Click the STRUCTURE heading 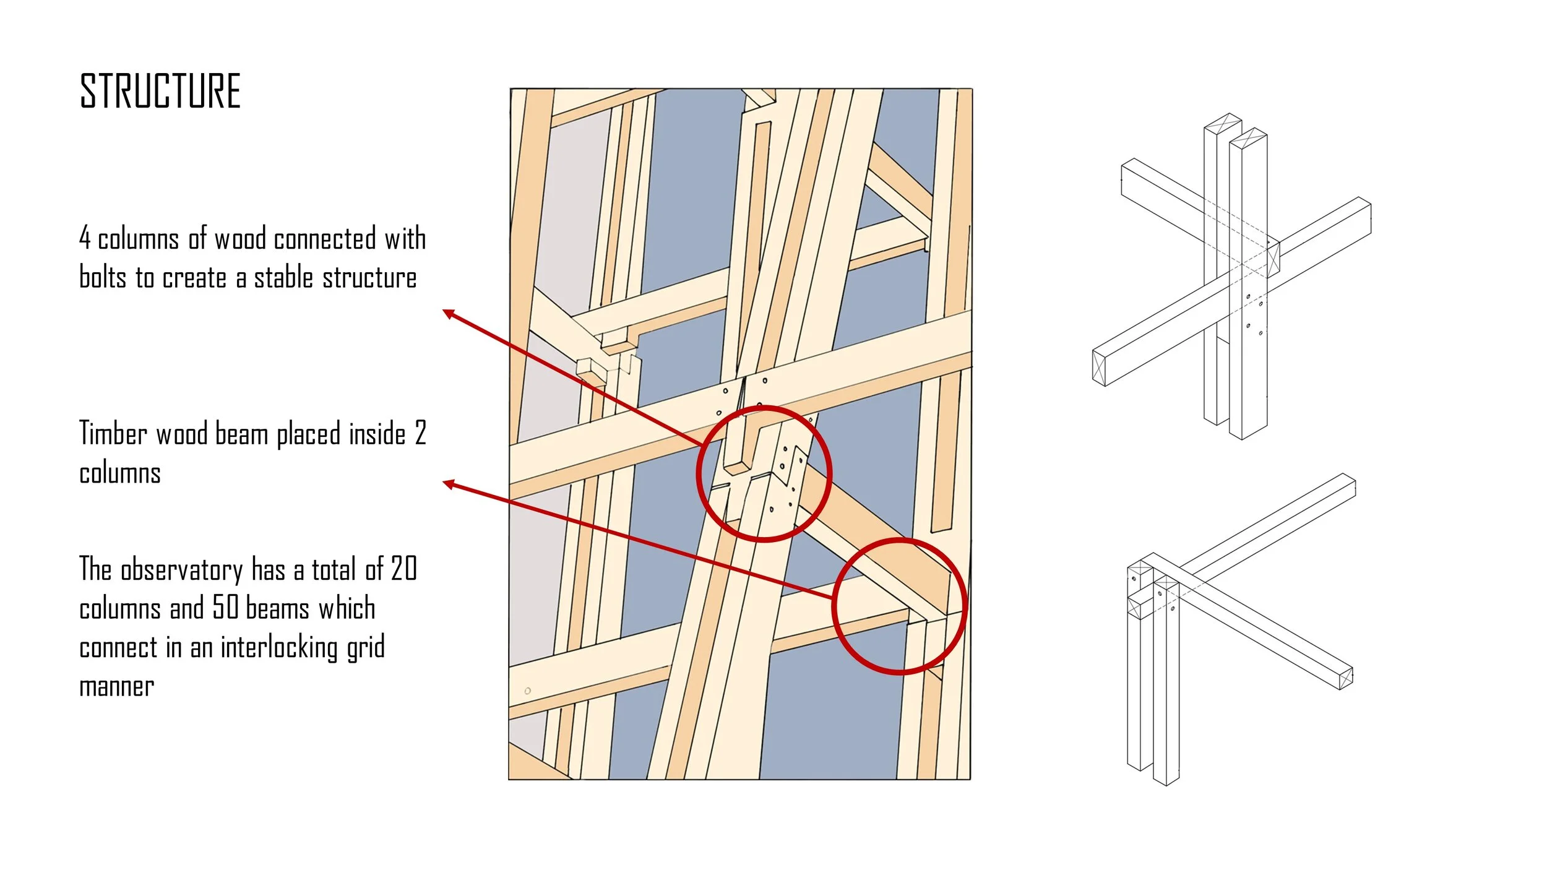[x=160, y=91]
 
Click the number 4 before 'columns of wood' [x=85, y=238]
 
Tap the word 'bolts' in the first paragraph [x=103, y=278]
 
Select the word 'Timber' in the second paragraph [x=112, y=433]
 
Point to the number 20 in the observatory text [x=404, y=569]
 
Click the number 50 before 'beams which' [x=225, y=608]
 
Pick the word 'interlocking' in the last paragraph [x=278, y=647]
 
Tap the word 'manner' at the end [x=116, y=687]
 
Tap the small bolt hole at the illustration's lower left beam [x=527, y=691]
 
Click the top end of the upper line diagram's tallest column [x=1223, y=123]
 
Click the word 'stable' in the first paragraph [x=283, y=278]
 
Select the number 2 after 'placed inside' [x=420, y=433]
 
